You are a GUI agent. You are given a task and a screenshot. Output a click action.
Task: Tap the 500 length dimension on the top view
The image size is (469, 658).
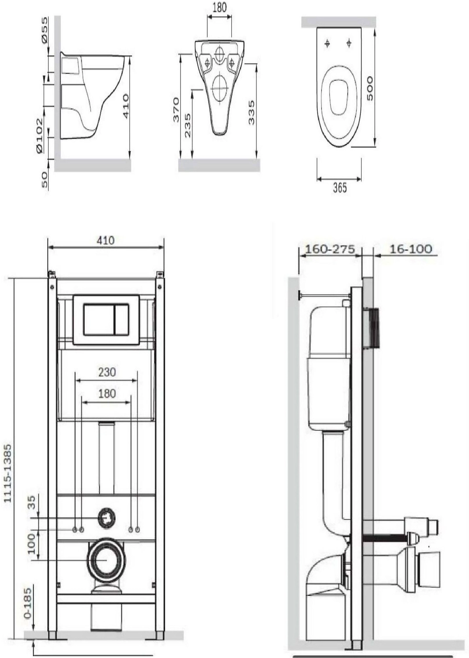370,89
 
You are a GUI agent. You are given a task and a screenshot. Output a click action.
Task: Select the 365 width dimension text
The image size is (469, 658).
340,187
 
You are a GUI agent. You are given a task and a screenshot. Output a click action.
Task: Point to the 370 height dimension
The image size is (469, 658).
176,110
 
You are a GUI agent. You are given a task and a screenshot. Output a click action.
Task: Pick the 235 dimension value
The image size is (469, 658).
188,125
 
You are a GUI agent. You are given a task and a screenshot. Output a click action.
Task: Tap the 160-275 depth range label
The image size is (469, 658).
330,250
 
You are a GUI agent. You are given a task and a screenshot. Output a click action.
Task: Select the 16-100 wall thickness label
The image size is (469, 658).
411,250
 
